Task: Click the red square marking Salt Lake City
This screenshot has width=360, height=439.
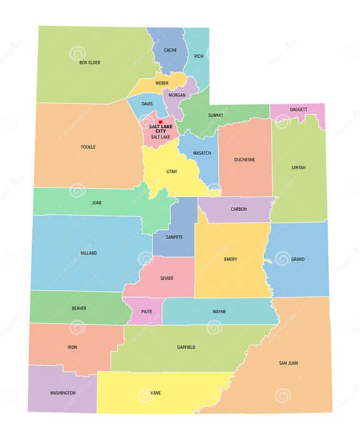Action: (161, 122)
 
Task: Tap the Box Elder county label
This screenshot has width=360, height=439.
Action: (90, 63)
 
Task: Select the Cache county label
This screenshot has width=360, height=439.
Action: (171, 50)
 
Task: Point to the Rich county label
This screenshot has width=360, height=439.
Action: (199, 56)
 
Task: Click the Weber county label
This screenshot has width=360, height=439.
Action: (162, 83)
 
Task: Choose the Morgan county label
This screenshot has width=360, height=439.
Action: (177, 95)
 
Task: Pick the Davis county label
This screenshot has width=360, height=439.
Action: (147, 104)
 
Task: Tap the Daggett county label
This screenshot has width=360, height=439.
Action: (298, 109)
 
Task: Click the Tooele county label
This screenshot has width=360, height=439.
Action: (88, 147)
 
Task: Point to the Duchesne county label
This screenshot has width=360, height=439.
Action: (244, 159)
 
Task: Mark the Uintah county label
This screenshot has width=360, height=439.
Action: (299, 168)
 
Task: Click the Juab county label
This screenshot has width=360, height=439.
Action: (96, 203)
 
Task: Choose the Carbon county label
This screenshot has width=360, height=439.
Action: (238, 209)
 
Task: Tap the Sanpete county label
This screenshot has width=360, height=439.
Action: (174, 237)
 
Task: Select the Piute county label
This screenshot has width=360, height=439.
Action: (146, 311)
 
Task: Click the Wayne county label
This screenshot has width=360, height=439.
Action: (219, 311)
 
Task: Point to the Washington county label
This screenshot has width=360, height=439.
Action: (63, 393)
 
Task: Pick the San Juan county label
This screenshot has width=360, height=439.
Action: (288, 363)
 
